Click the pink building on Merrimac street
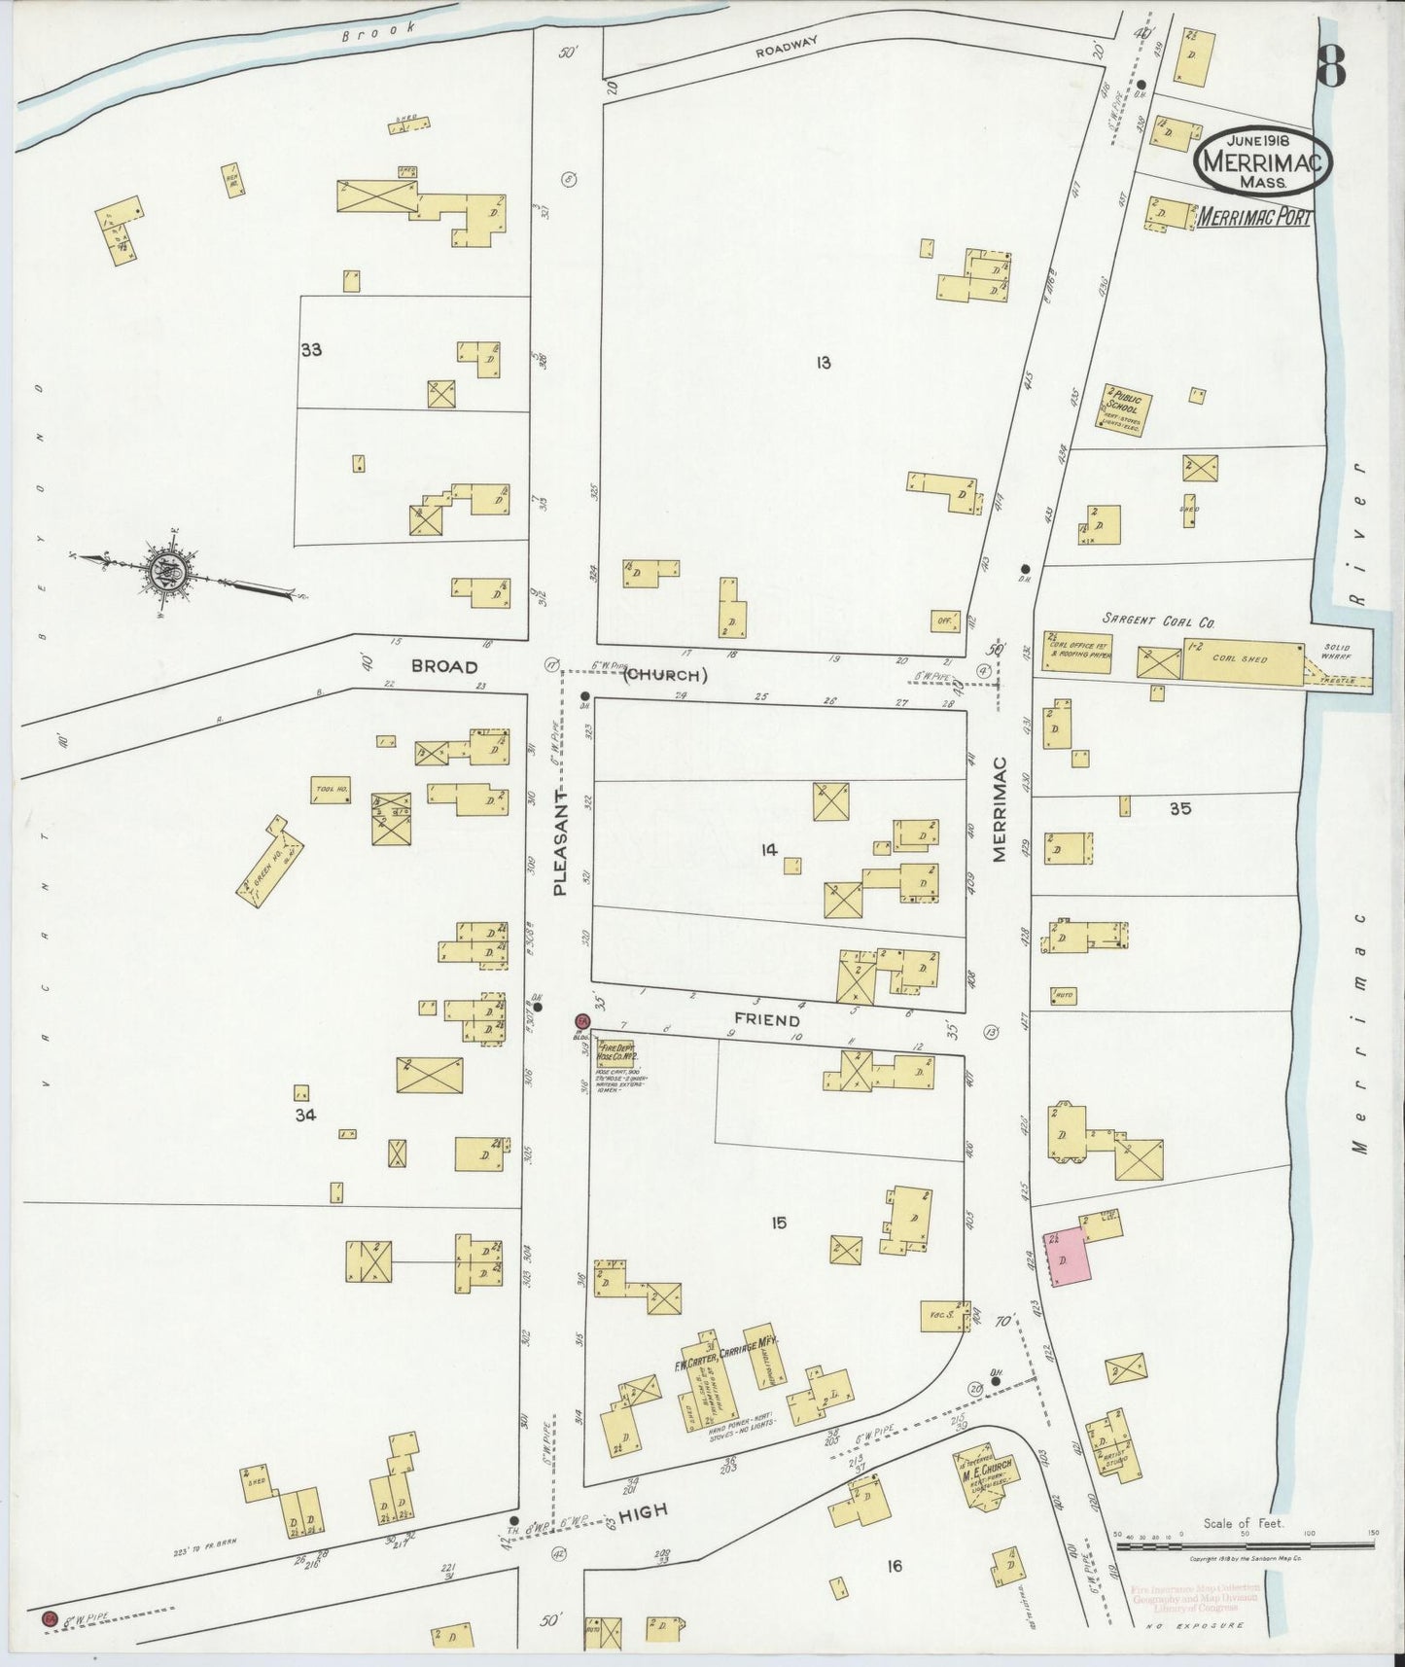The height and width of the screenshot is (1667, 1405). (1067, 1257)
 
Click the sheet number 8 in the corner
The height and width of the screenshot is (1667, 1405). (1331, 67)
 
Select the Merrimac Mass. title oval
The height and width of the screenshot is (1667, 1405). (1262, 161)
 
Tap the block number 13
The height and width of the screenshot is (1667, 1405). (823, 363)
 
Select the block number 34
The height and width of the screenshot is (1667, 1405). (306, 1116)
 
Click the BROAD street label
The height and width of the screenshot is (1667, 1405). (444, 666)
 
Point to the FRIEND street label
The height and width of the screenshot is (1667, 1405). (767, 1020)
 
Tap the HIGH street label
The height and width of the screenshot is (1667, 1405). (643, 1510)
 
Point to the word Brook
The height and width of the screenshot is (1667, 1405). (378, 30)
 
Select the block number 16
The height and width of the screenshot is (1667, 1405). (894, 1566)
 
